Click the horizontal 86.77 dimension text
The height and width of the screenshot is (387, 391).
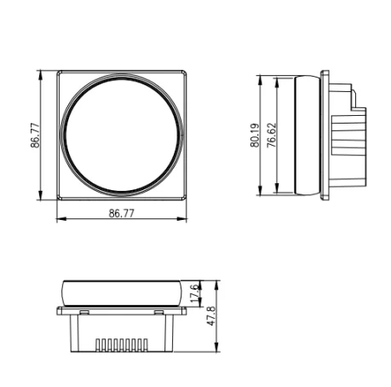tap(122, 213)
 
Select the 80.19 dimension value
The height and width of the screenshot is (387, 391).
tap(255, 136)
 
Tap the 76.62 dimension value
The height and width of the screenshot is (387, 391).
tap(271, 136)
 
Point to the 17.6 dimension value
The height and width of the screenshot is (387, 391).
tap(194, 293)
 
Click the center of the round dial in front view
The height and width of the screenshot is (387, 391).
tap(122, 136)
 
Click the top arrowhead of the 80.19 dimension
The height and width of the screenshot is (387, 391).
tap(262, 79)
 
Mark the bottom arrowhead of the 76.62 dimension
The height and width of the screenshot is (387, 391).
tap(278, 191)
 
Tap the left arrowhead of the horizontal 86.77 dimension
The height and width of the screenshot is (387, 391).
tap(60, 221)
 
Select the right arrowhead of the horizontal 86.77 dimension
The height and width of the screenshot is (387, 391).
tap(183, 221)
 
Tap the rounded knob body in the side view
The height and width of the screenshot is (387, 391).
tap(304, 136)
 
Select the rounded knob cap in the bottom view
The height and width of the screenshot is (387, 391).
tap(122, 292)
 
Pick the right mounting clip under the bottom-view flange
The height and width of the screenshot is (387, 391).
tap(158, 313)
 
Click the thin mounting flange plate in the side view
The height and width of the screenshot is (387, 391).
tap(323, 136)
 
